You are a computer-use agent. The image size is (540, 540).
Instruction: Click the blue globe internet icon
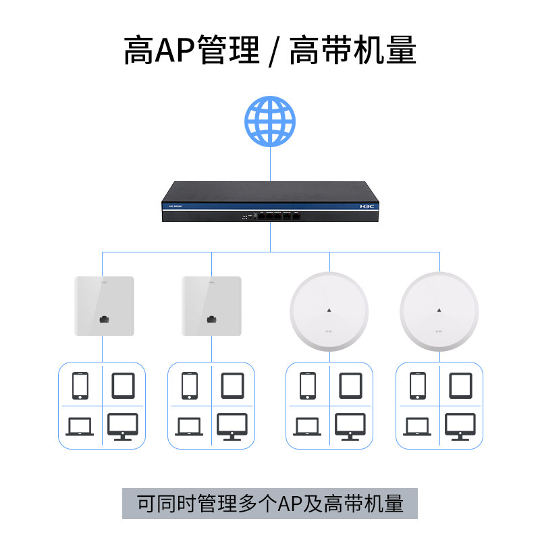click(x=270, y=122)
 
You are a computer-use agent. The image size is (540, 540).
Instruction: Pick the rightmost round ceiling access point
click(x=439, y=311)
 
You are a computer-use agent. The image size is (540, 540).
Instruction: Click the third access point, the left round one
click(x=329, y=311)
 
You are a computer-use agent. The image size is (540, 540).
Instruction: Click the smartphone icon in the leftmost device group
click(x=80, y=385)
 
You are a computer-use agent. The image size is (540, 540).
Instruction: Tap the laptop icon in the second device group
click(x=190, y=427)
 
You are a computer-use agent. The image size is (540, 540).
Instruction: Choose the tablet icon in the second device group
click(x=232, y=385)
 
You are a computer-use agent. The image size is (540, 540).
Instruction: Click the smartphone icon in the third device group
click(x=308, y=385)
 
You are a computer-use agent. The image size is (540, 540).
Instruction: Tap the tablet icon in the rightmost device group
click(x=460, y=385)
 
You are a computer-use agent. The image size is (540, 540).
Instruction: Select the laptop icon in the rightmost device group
click(x=417, y=427)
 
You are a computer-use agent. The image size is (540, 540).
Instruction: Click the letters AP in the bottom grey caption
click(x=293, y=504)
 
